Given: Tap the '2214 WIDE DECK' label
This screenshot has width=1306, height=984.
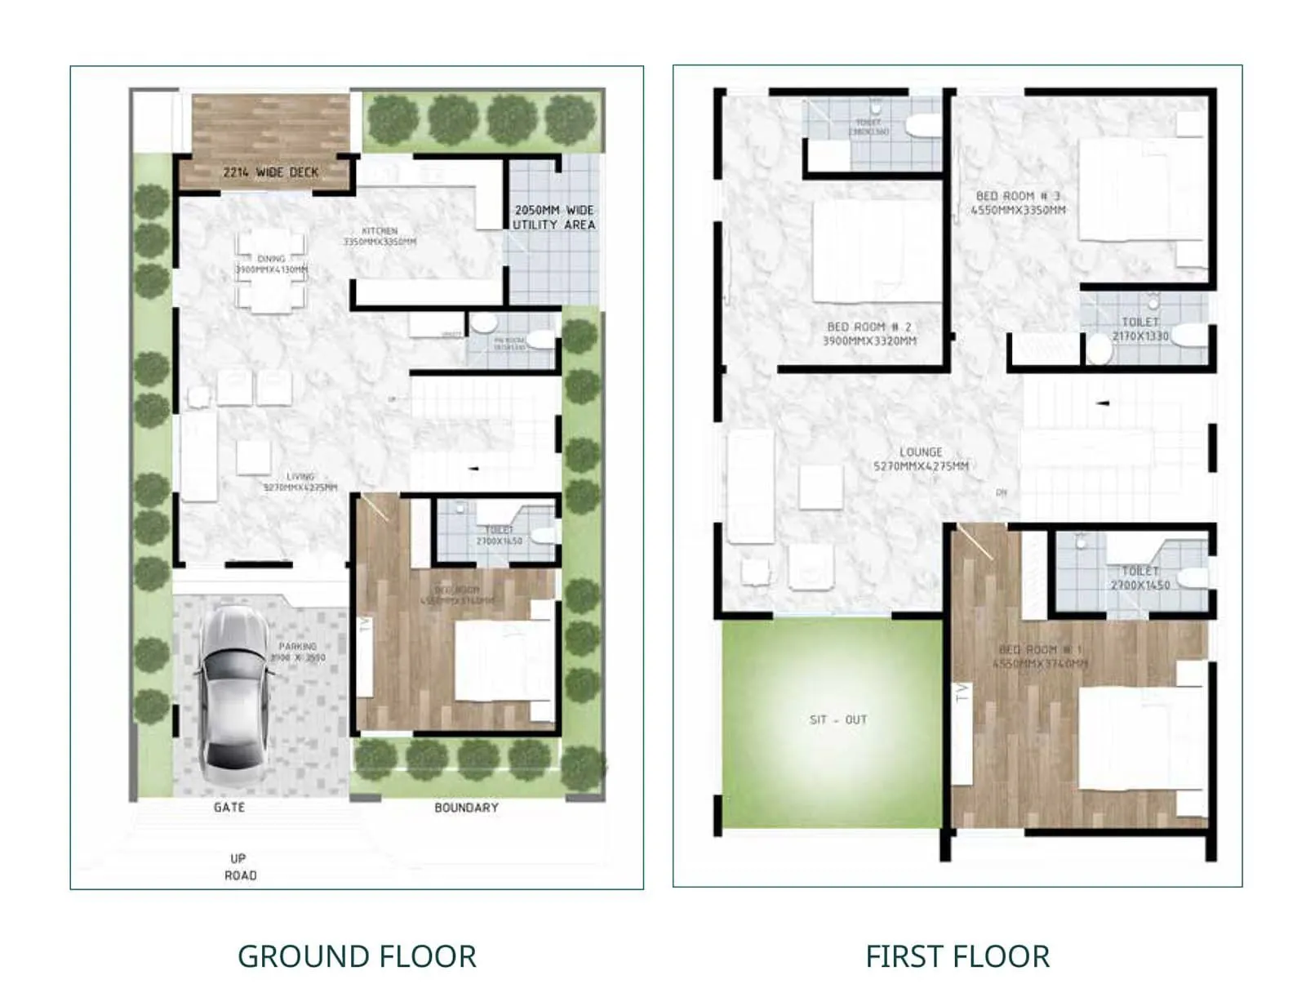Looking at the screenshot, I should click(x=270, y=172).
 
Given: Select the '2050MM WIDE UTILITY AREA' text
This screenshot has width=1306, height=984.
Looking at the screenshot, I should click(x=554, y=217).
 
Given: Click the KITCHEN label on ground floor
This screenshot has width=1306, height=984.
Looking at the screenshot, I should click(x=380, y=237).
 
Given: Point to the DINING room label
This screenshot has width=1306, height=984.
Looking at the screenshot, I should click(x=271, y=264).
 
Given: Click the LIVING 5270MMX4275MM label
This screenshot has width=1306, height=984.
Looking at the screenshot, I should click(x=300, y=482).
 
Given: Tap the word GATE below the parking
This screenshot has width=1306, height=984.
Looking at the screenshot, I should click(x=229, y=807).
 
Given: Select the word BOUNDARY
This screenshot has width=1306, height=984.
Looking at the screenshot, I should click(x=466, y=808).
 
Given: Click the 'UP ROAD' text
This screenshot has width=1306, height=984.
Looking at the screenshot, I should click(x=240, y=866).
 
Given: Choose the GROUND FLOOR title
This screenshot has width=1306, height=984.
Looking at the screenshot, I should click(x=357, y=956).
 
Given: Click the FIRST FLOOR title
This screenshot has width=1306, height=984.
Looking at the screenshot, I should click(x=957, y=956).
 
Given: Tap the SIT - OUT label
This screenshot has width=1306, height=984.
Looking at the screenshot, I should click(x=837, y=719).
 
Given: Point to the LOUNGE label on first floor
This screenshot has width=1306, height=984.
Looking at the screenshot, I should click(x=921, y=458).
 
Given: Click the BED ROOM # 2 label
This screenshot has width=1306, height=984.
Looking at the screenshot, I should click(x=869, y=333).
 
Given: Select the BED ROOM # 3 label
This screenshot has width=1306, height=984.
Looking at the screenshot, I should click(x=1018, y=203).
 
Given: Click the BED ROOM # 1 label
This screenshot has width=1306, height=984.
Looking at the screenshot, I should click(x=1040, y=657).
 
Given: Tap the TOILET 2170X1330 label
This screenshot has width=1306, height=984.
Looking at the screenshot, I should click(x=1140, y=329).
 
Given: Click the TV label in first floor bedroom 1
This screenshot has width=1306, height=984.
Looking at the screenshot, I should click(x=962, y=693).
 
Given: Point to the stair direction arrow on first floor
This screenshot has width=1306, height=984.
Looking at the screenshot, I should click(x=1102, y=403).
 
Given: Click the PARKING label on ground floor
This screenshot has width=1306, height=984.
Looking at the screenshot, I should click(x=297, y=651).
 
